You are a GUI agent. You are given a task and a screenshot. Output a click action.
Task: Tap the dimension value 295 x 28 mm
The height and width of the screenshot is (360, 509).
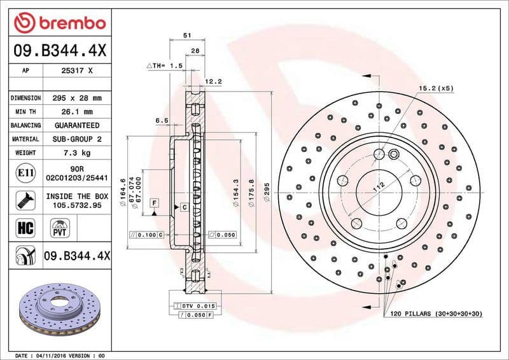77,99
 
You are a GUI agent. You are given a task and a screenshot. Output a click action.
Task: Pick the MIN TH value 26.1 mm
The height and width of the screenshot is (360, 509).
77,112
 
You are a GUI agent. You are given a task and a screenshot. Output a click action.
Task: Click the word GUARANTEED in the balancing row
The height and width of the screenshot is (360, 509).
77,125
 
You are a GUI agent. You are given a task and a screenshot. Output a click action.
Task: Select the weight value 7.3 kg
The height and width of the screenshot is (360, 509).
77,153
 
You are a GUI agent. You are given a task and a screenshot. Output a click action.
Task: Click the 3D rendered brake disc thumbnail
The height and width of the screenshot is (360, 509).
57,312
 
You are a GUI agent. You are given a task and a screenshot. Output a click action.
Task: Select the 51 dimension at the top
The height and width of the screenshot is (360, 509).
186,36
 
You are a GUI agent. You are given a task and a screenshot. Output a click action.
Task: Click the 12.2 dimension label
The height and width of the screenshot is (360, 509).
214,81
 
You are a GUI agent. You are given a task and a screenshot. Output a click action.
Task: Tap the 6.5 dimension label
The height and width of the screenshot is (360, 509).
162,120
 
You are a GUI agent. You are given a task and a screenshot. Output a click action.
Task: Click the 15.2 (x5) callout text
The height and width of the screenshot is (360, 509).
436,88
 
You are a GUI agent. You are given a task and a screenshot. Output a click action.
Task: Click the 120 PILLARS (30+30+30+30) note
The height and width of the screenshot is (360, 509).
436,314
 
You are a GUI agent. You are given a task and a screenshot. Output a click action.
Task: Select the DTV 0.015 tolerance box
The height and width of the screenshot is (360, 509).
199,306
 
